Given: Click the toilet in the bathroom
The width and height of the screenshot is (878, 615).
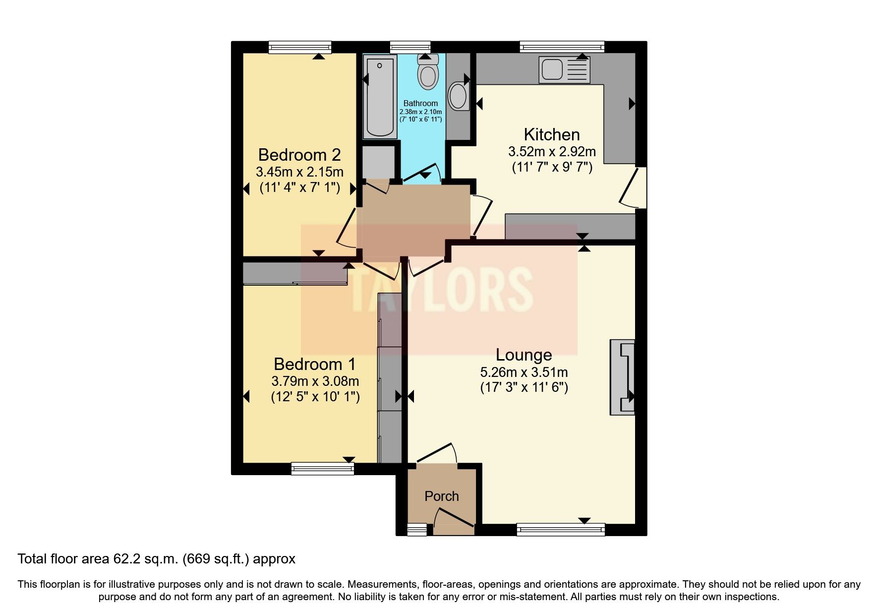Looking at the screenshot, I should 428,73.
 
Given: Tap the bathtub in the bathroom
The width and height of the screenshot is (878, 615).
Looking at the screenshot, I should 380,97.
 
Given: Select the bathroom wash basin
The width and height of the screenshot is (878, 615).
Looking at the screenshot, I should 459,96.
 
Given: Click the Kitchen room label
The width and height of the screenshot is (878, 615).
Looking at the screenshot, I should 552,134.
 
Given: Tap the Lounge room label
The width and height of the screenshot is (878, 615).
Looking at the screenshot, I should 524,355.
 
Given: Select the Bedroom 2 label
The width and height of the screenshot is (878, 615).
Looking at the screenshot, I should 299,155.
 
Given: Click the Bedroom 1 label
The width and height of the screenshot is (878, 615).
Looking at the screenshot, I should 315,364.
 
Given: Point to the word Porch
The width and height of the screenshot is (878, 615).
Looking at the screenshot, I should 442,496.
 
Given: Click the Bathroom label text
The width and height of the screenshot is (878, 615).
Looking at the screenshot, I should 420,103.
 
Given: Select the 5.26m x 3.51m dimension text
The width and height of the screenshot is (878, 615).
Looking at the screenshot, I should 524,372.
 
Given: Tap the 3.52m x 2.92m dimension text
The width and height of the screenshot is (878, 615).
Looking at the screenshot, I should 552,151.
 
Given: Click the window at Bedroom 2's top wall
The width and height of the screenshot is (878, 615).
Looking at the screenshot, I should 299,47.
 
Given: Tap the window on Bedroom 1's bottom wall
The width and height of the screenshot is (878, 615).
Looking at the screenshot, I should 323,468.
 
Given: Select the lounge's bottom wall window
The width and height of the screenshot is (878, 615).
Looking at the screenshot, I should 561,529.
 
